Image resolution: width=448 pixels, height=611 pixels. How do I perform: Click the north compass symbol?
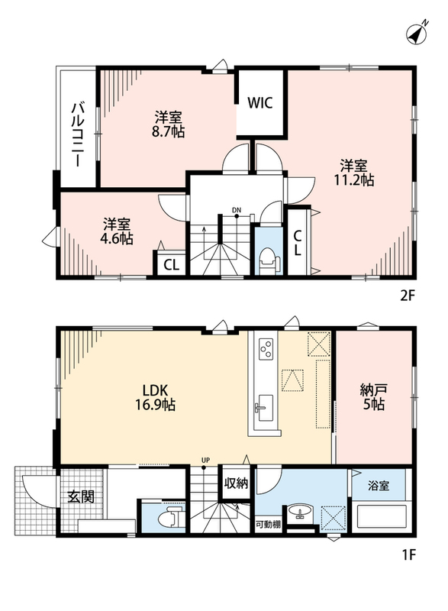pyautogui.click(x=417, y=33)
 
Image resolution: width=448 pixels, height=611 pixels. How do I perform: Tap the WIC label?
pyautogui.click(x=260, y=103)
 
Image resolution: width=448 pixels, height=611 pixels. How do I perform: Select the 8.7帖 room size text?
pyautogui.click(x=168, y=131)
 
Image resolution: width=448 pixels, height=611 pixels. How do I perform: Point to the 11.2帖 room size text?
pyautogui.click(x=353, y=180)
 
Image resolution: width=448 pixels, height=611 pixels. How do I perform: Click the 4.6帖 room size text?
pyautogui.click(x=116, y=238)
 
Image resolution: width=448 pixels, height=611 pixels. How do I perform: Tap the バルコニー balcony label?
pyautogui.click(x=76, y=134)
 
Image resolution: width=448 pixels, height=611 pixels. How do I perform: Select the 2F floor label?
pyautogui.click(x=408, y=296)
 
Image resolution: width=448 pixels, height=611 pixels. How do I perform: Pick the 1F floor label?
pyautogui.click(x=408, y=554)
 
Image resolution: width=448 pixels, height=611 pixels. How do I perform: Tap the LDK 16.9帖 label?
pyautogui.click(x=155, y=397)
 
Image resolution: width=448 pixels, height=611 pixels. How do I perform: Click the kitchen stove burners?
pyautogui.click(x=266, y=348)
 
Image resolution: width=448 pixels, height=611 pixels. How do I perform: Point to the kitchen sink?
pyautogui.click(x=264, y=408)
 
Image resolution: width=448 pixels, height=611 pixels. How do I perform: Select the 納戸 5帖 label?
pyautogui.click(x=374, y=396)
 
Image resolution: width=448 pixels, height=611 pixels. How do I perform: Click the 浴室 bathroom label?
pyautogui.click(x=379, y=486)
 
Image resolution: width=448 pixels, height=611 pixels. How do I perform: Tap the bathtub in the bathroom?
pyautogui.click(x=380, y=516)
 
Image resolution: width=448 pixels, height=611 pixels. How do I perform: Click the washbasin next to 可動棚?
pyautogui.click(x=300, y=511)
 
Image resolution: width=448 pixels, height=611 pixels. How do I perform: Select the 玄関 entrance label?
pyautogui.click(x=81, y=497)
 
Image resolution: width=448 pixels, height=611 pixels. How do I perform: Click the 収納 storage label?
pyautogui.click(x=236, y=483)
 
